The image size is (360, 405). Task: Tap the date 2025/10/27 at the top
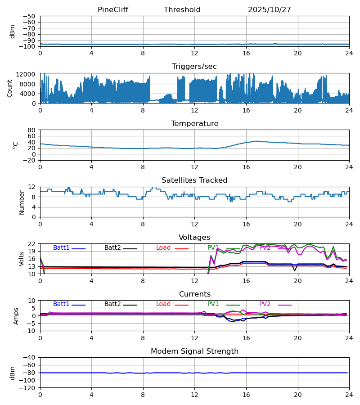(270, 10)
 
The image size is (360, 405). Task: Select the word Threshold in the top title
(182, 10)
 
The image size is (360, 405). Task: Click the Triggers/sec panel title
(194, 67)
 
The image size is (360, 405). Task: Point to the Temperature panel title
(194, 124)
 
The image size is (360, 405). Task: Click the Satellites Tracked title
(194, 180)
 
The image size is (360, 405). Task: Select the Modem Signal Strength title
(194, 351)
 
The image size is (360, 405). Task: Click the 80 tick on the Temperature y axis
(32, 130)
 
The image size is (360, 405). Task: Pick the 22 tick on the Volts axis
(32, 244)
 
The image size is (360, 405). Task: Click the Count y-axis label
(10, 88)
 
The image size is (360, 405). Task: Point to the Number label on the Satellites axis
(22, 202)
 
